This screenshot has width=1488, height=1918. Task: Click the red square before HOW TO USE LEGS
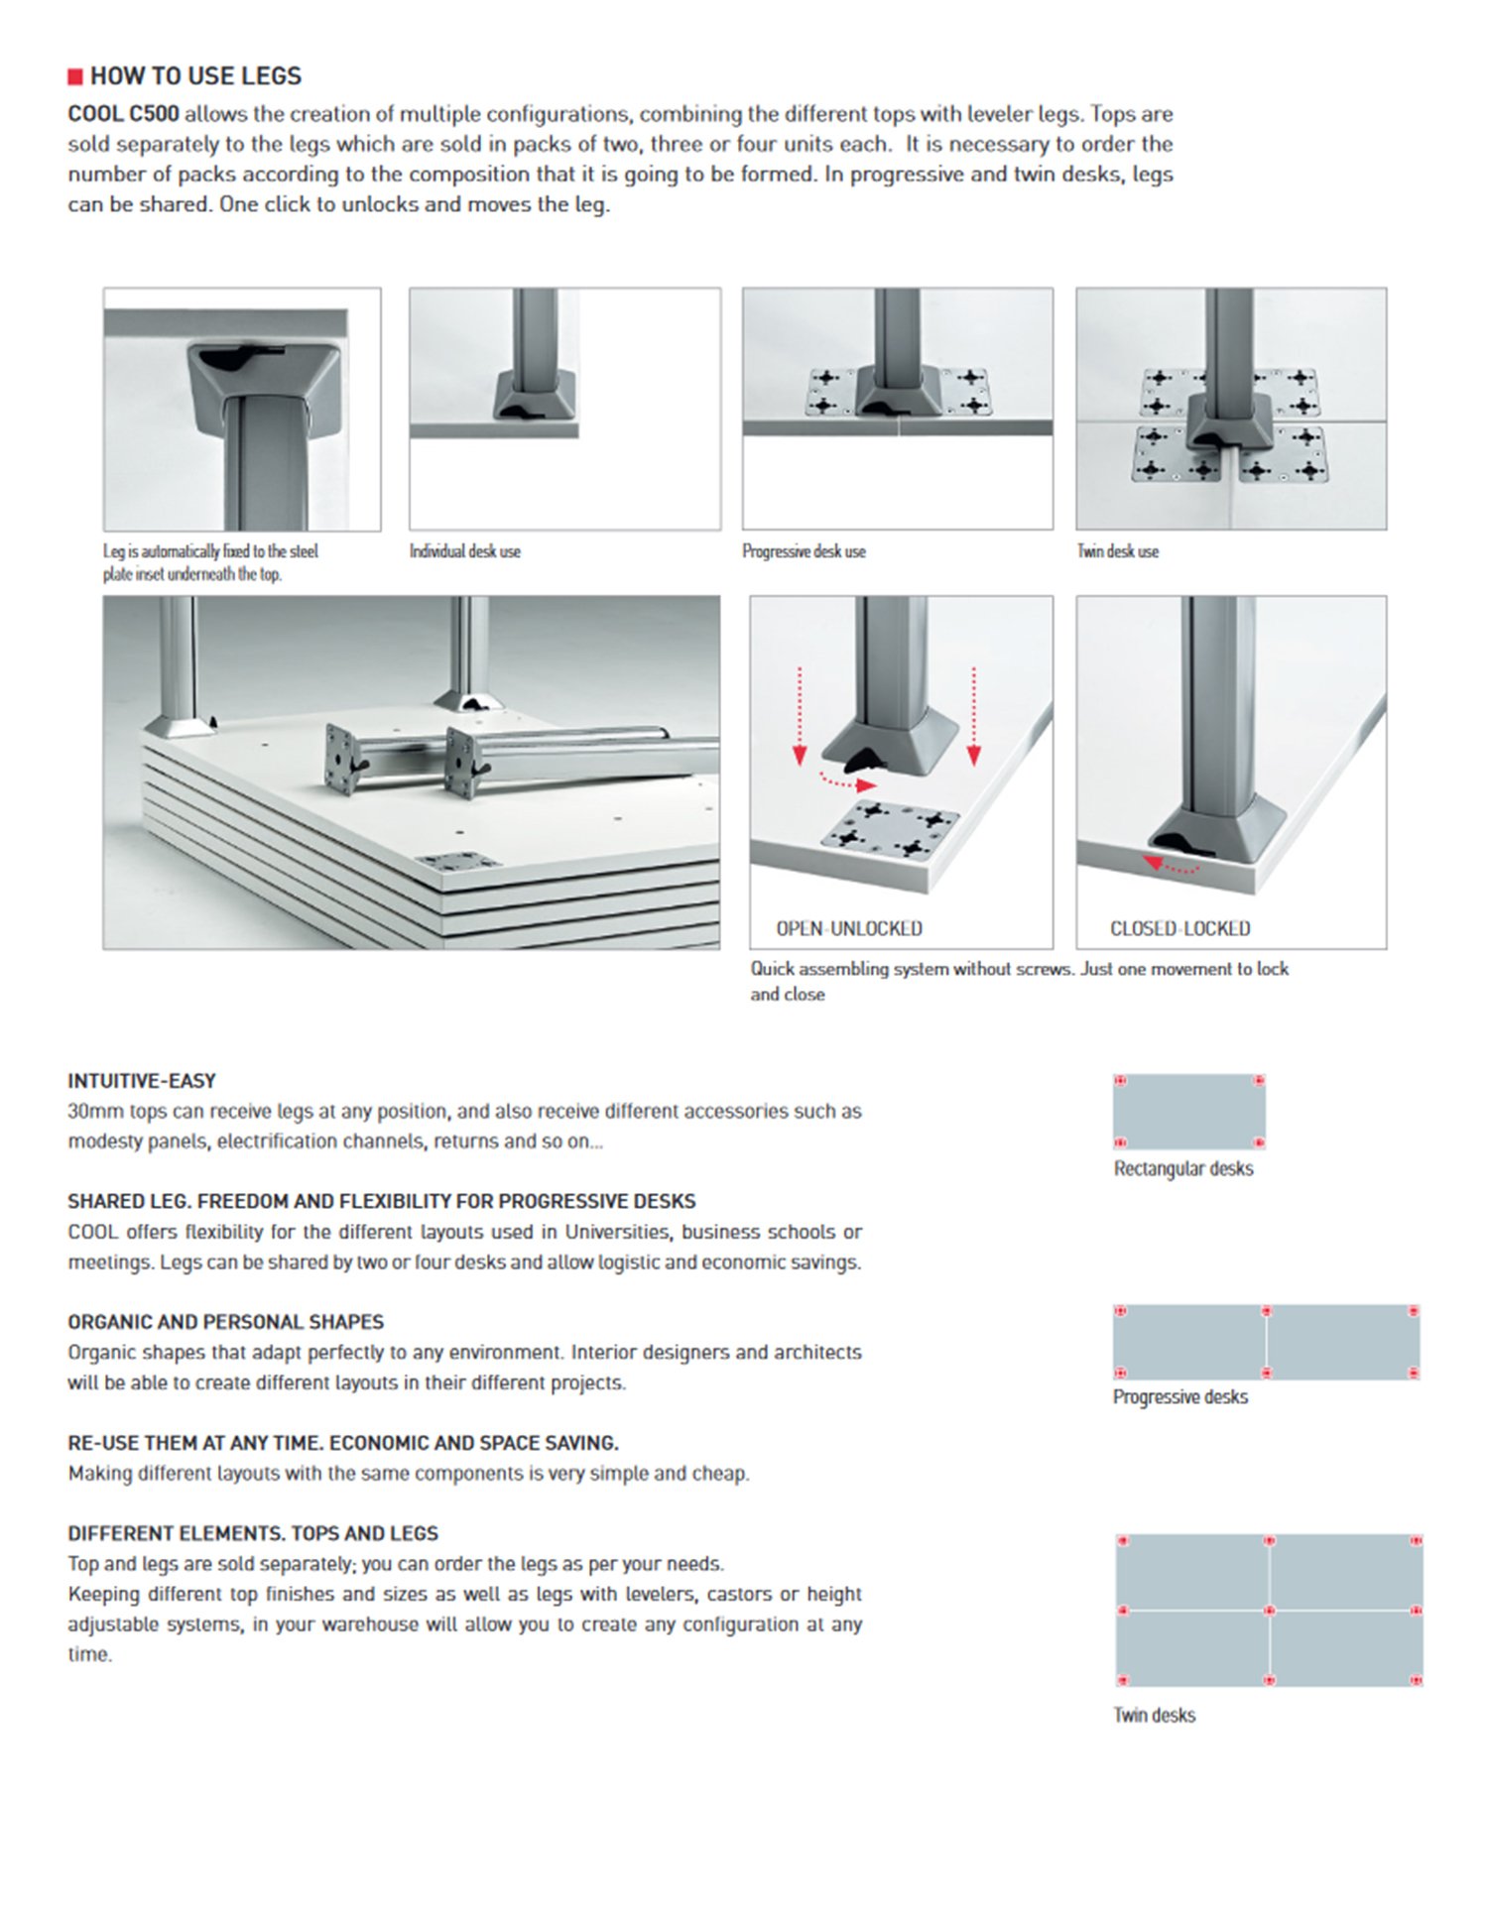[x=75, y=77]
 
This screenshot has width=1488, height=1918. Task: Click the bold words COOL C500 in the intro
[x=123, y=114]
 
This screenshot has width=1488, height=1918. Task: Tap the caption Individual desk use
[x=464, y=551]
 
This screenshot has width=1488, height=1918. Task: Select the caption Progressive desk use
[x=804, y=551]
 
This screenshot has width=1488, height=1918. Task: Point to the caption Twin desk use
[x=1117, y=551]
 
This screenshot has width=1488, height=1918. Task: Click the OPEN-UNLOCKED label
[x=848, y=928]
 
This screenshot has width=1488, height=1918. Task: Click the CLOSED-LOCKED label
[x=1179, y=928]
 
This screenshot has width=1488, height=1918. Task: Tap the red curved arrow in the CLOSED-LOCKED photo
[x=1171, y=866]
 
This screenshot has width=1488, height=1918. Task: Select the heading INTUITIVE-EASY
[x=142, y=1081]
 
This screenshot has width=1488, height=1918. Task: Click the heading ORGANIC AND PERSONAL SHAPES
[x=225, y=1322]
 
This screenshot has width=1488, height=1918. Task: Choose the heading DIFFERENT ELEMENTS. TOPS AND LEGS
[x=252, y=1533]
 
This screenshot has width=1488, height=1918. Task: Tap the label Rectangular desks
[x=1182, y=1168]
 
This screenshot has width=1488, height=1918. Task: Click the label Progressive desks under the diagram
[x=1179, y=1396]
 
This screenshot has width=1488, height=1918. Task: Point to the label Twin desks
[x=1154, y=1715]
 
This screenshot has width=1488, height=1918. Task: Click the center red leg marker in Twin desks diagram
[x=1269, y=1610]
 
